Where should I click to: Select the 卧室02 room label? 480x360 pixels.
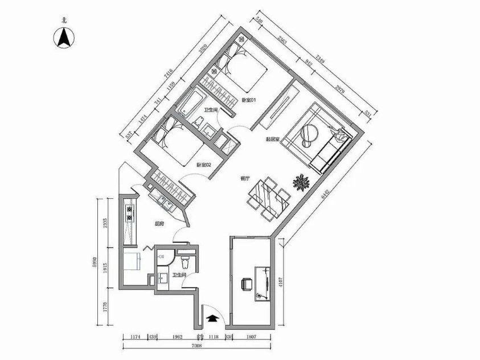[x=204, y=165]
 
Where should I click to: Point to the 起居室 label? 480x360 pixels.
[x=272, y=140]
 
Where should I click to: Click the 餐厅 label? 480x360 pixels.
[x=245, y=178]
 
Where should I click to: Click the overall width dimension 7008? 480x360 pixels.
[x=196, y=346]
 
